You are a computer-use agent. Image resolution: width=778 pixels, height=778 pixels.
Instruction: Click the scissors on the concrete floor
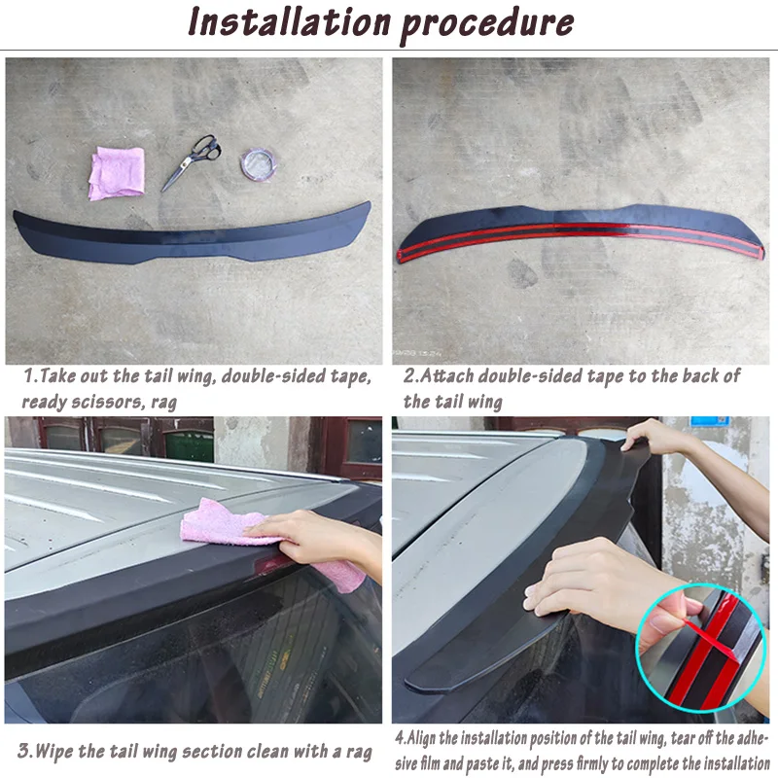coord(191,162)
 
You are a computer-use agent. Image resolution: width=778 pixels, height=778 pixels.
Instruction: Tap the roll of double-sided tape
coord(258,164)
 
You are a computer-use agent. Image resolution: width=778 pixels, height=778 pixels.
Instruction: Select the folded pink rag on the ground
coord(117,173)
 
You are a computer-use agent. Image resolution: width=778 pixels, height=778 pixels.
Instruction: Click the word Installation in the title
coord(290,22)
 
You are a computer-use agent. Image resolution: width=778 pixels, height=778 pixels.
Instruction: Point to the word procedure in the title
coord(487,25)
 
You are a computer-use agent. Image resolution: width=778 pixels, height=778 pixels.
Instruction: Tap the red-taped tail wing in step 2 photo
coord(581,232)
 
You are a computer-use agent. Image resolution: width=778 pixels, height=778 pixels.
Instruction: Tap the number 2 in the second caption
coord(409,375)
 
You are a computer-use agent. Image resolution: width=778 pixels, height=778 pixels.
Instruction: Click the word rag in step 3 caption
coord(357,752)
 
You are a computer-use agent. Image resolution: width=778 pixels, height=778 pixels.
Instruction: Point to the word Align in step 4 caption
coord(422,739)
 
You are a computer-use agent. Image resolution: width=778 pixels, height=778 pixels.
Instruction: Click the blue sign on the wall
coord(710,421)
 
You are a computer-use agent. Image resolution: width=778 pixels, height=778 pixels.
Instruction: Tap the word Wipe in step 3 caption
coord(54,751)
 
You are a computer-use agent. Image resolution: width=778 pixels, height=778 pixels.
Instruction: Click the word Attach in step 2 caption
coord(446,375)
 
